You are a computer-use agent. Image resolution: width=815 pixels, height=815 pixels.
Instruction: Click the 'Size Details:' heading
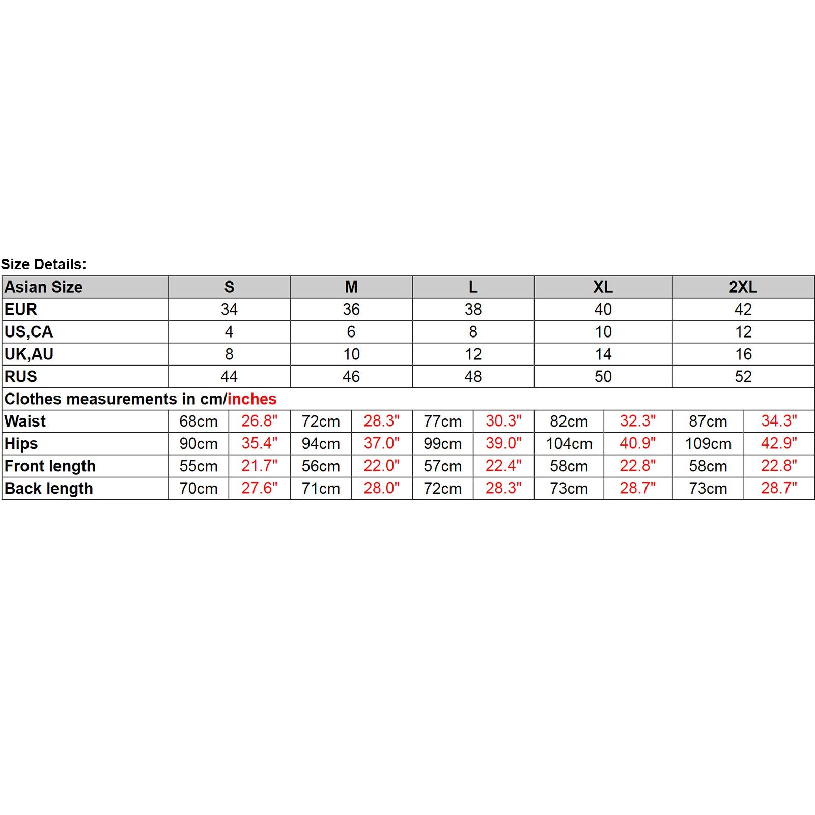coord(44,264)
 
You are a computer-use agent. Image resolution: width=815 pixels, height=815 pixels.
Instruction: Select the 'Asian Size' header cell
coord(44,287)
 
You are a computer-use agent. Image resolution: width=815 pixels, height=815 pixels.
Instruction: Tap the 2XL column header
coord(743,287)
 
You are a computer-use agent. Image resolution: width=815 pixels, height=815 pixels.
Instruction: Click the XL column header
coord(603,287)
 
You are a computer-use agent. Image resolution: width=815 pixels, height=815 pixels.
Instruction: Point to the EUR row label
coord(21,310)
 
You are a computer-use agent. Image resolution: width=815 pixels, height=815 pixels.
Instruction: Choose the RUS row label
coord(21,377)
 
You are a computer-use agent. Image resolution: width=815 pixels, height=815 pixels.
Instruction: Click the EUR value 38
coord(473,310)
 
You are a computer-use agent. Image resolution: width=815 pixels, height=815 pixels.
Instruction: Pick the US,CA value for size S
coord(229,332)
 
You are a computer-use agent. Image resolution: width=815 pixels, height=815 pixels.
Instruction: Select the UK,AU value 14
coord(603,354)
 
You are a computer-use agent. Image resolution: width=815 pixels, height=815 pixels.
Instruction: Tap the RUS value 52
coord(743,377)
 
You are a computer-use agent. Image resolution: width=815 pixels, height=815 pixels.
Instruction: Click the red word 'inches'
coord(252,399)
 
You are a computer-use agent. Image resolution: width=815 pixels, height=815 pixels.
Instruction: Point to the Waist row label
coord(25,421)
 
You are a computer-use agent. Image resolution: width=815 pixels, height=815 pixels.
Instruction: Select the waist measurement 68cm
coord(199,421)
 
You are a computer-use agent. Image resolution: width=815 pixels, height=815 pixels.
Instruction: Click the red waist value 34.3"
coord(779,421)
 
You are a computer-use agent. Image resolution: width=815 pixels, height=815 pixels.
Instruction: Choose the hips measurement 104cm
coord(569,444)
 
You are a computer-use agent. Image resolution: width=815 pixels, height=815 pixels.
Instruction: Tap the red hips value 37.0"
coord(381,443)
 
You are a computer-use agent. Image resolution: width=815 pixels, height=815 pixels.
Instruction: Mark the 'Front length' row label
coord(50,466)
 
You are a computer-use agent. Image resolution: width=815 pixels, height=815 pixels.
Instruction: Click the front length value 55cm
coord(199,466)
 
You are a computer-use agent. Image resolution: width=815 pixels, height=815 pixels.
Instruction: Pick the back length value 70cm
coord(199,489)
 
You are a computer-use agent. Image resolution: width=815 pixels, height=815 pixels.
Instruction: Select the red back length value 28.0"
coord(381,488)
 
